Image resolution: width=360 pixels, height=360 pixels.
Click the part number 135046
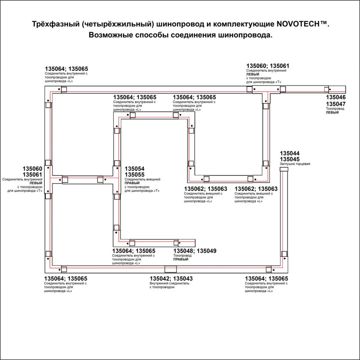coord(336,97)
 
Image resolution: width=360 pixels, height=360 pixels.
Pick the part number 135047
coord(336,104)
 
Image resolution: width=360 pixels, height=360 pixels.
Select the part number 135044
coord(289,154)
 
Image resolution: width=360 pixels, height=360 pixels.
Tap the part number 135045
coord(289,159)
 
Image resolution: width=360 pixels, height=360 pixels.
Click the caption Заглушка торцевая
coord(295,164)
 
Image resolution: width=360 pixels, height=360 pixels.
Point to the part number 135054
coord(134,169)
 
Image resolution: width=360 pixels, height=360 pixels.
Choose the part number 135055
coord(134,175)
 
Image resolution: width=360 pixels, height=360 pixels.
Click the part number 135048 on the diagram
coord(183,251)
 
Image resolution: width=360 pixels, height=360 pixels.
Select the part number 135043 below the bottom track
coord(183,279)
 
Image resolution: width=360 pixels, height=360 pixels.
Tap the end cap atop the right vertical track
coord(284,169)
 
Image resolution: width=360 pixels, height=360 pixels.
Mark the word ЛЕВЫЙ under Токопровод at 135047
coord(332,112)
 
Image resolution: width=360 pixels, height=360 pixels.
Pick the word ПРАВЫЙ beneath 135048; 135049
coord(181,259)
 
